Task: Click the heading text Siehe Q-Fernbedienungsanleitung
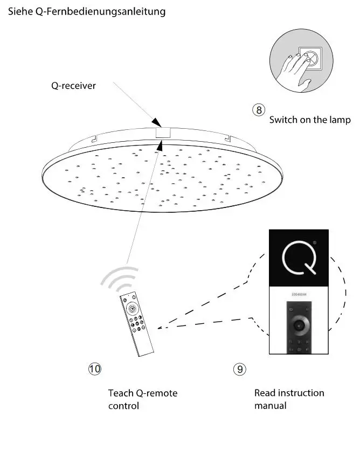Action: pyautogui.click(x=87, y=11)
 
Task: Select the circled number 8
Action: pyautogui.click(x=259, y=110)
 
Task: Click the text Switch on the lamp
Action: pyautogui.click(x=309, y=120)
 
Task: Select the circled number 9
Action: pyautogui.click(x=239, y=369)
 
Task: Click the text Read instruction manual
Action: pyautogui.click(x=289, y=399)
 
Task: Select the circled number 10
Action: pyautogui.click(x=94, y=369)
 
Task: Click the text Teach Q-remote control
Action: pyautogui.click(x=142, y=399)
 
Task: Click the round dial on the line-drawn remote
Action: pyautogui.click(x=133, y=309)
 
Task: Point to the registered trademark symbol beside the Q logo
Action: pyautogui.click(x=314, y=243)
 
